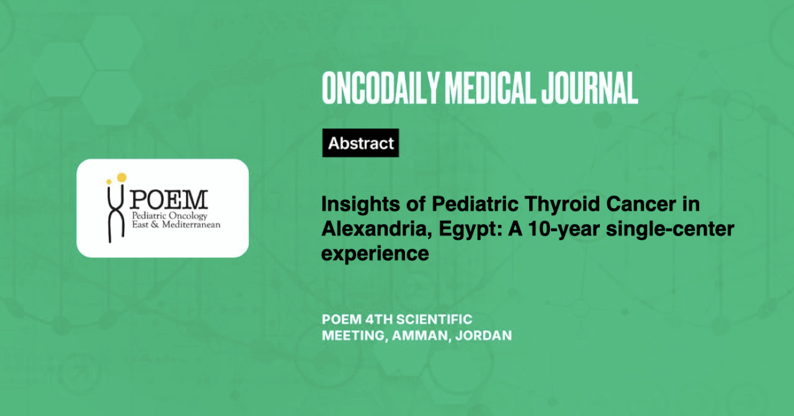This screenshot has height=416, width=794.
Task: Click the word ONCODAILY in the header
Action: point(380,88)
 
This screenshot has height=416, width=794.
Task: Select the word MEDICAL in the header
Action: point(490,88)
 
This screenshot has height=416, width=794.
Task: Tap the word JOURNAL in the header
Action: point(590,88)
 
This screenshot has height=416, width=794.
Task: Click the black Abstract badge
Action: point(360,143)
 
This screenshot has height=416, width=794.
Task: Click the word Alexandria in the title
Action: point(377,229)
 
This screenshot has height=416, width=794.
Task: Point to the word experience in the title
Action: point(375,254)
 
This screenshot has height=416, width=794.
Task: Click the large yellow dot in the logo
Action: point(122,177)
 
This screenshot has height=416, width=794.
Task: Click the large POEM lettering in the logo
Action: point(168,200)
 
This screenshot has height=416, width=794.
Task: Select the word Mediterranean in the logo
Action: point(191,224)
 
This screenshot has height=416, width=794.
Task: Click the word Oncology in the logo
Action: point(188,216)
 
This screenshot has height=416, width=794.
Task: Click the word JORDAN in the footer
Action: point(483,335)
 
